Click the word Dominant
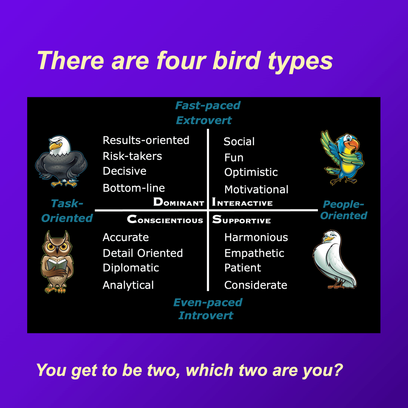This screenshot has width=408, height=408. (x=178, y=202)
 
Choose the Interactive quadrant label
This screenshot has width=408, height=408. (x=242, y=202)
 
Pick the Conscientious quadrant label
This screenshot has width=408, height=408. (x=165, y=220)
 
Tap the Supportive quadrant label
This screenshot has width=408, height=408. (x=241, y=220)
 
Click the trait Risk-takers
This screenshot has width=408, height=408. (x=132, y=156)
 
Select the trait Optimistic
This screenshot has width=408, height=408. (x=251, y=173)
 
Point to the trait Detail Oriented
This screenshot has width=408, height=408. (x=142, y=253)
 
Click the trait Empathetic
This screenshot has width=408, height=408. (x=254, y=253)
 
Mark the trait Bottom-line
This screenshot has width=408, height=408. (x=133, y=188)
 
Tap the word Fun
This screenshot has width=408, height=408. (x=234, y=158)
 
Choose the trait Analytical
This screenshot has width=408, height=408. (x=128, y=285)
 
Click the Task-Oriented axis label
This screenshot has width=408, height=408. (x=67, y=211)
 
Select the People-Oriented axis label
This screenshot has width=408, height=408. (x=343, y=210)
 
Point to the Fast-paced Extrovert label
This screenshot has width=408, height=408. (x=207, y=113)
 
